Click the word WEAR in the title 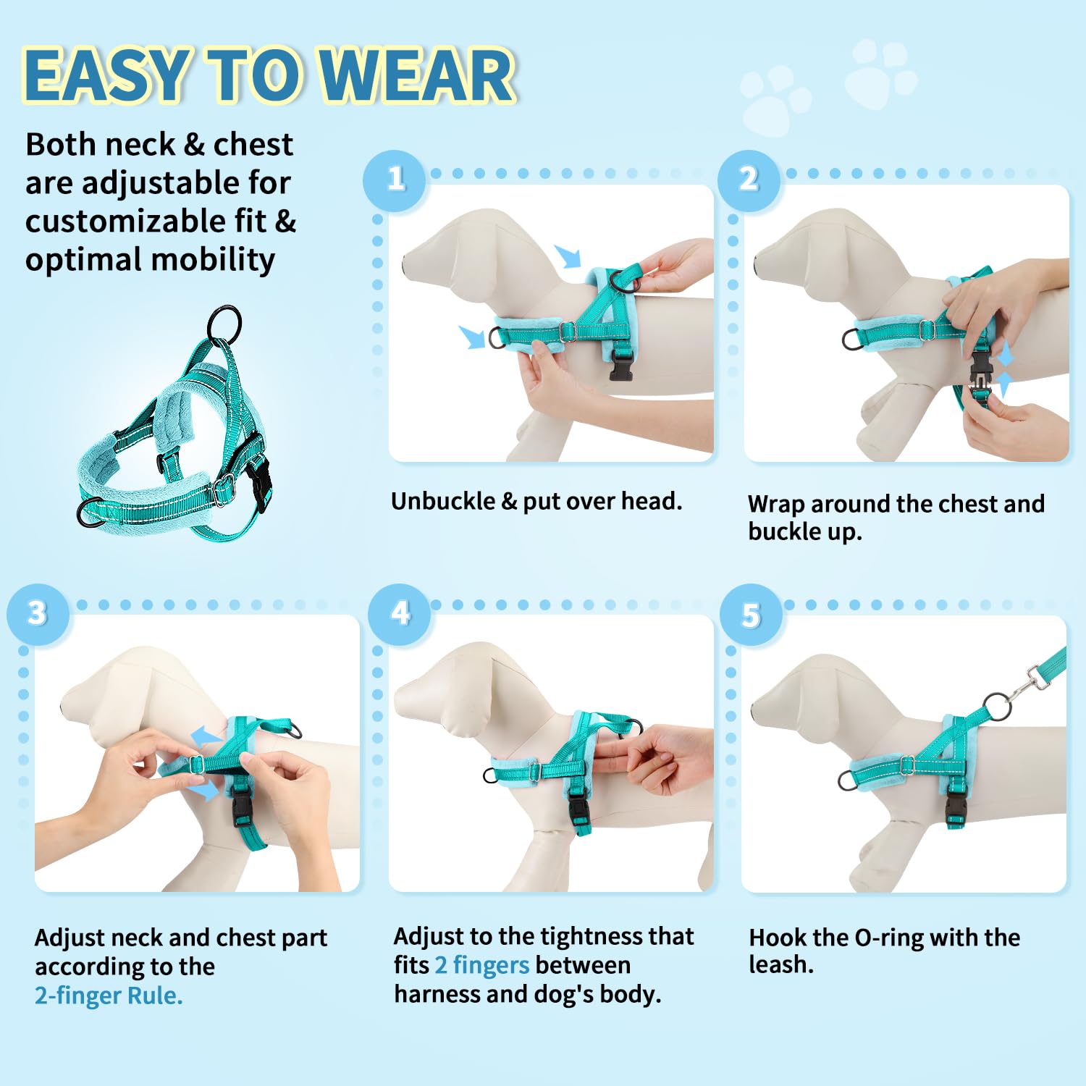pyautogui.click(x=417, y=75)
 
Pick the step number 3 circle pyautogui.click(x=38, y=614)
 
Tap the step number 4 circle pyautogui.click(x=400, y=614)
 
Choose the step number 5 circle pyautogui.click(x=752, y=615)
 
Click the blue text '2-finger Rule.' pyautogui.click(x=109, y=995)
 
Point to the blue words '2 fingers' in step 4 pyautogui.click(x=482, y=965)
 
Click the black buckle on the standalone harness pyautogui.click(x=258, y=479)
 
